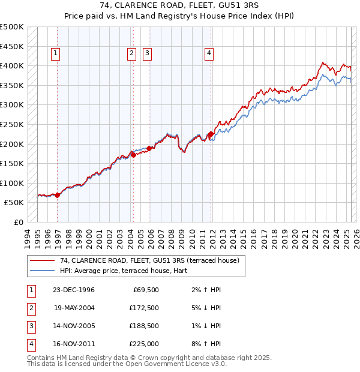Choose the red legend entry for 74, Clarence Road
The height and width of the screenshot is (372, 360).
point(150,260)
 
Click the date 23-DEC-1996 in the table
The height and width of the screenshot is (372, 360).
point(73,290)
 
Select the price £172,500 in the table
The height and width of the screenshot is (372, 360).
point(144,308)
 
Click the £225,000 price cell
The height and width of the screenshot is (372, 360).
point(144,344)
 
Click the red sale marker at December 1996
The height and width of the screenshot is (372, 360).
point(58,195)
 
